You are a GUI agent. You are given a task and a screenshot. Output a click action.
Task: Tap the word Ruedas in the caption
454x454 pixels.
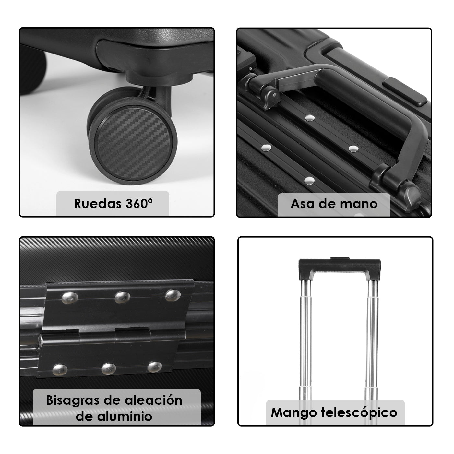pyautogui.click(x=98, y=204)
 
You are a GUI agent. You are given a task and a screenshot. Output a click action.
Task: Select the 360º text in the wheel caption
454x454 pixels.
pyautogui.click(x=139, y=204)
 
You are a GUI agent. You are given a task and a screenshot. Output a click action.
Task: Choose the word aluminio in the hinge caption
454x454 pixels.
pyautogui.click(x=125, y=416)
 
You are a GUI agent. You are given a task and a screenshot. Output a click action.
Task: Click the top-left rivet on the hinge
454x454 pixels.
pyautogui.click(x=70, y=298)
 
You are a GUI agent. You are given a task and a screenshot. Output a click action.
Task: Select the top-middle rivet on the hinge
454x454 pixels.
pyautogui.click(x=123, y=297)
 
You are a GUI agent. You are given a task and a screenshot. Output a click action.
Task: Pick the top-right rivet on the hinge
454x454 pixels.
pyautogui.click(x=173, y=295)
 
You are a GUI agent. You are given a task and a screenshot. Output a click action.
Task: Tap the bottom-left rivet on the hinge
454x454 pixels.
pyautogui.click(x=60, y=369)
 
